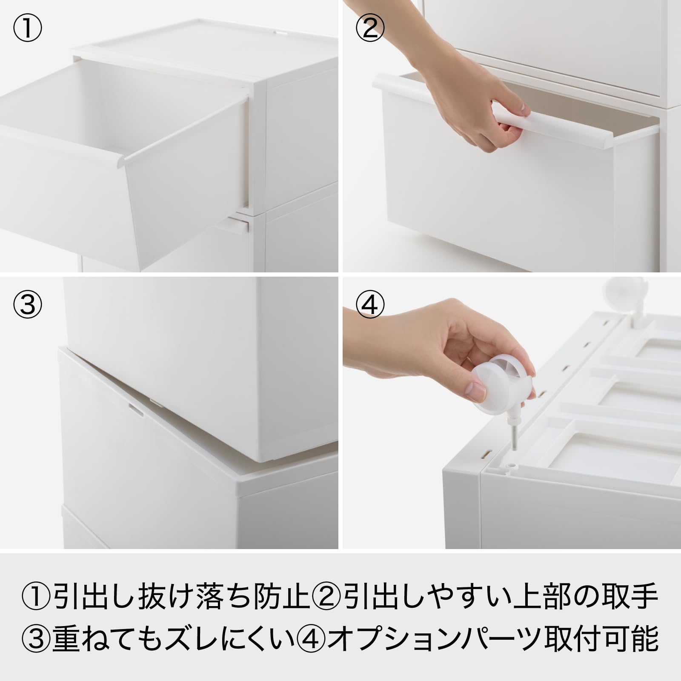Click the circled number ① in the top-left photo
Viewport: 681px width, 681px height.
click(x=27, y=29)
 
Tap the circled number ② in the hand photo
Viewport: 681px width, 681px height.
click(x=370, y=29)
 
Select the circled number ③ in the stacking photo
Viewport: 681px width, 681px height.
click(x=27, y=305)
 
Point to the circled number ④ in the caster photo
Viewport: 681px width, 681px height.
click(x=370, y=305)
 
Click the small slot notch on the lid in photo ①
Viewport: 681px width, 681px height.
click(x=281, y=31)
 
